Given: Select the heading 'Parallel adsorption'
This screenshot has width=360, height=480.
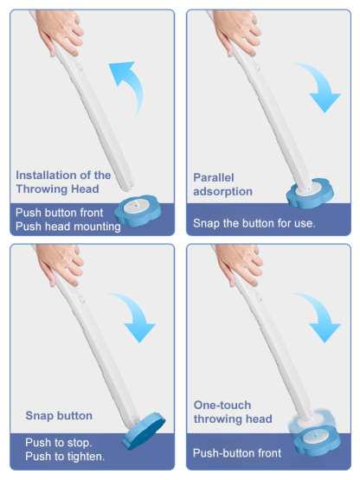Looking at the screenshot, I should [x=222, y=184].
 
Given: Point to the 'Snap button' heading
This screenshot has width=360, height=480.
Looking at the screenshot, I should [x=59, y=416].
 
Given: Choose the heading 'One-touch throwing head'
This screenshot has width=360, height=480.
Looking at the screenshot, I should [x=233, y=412].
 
